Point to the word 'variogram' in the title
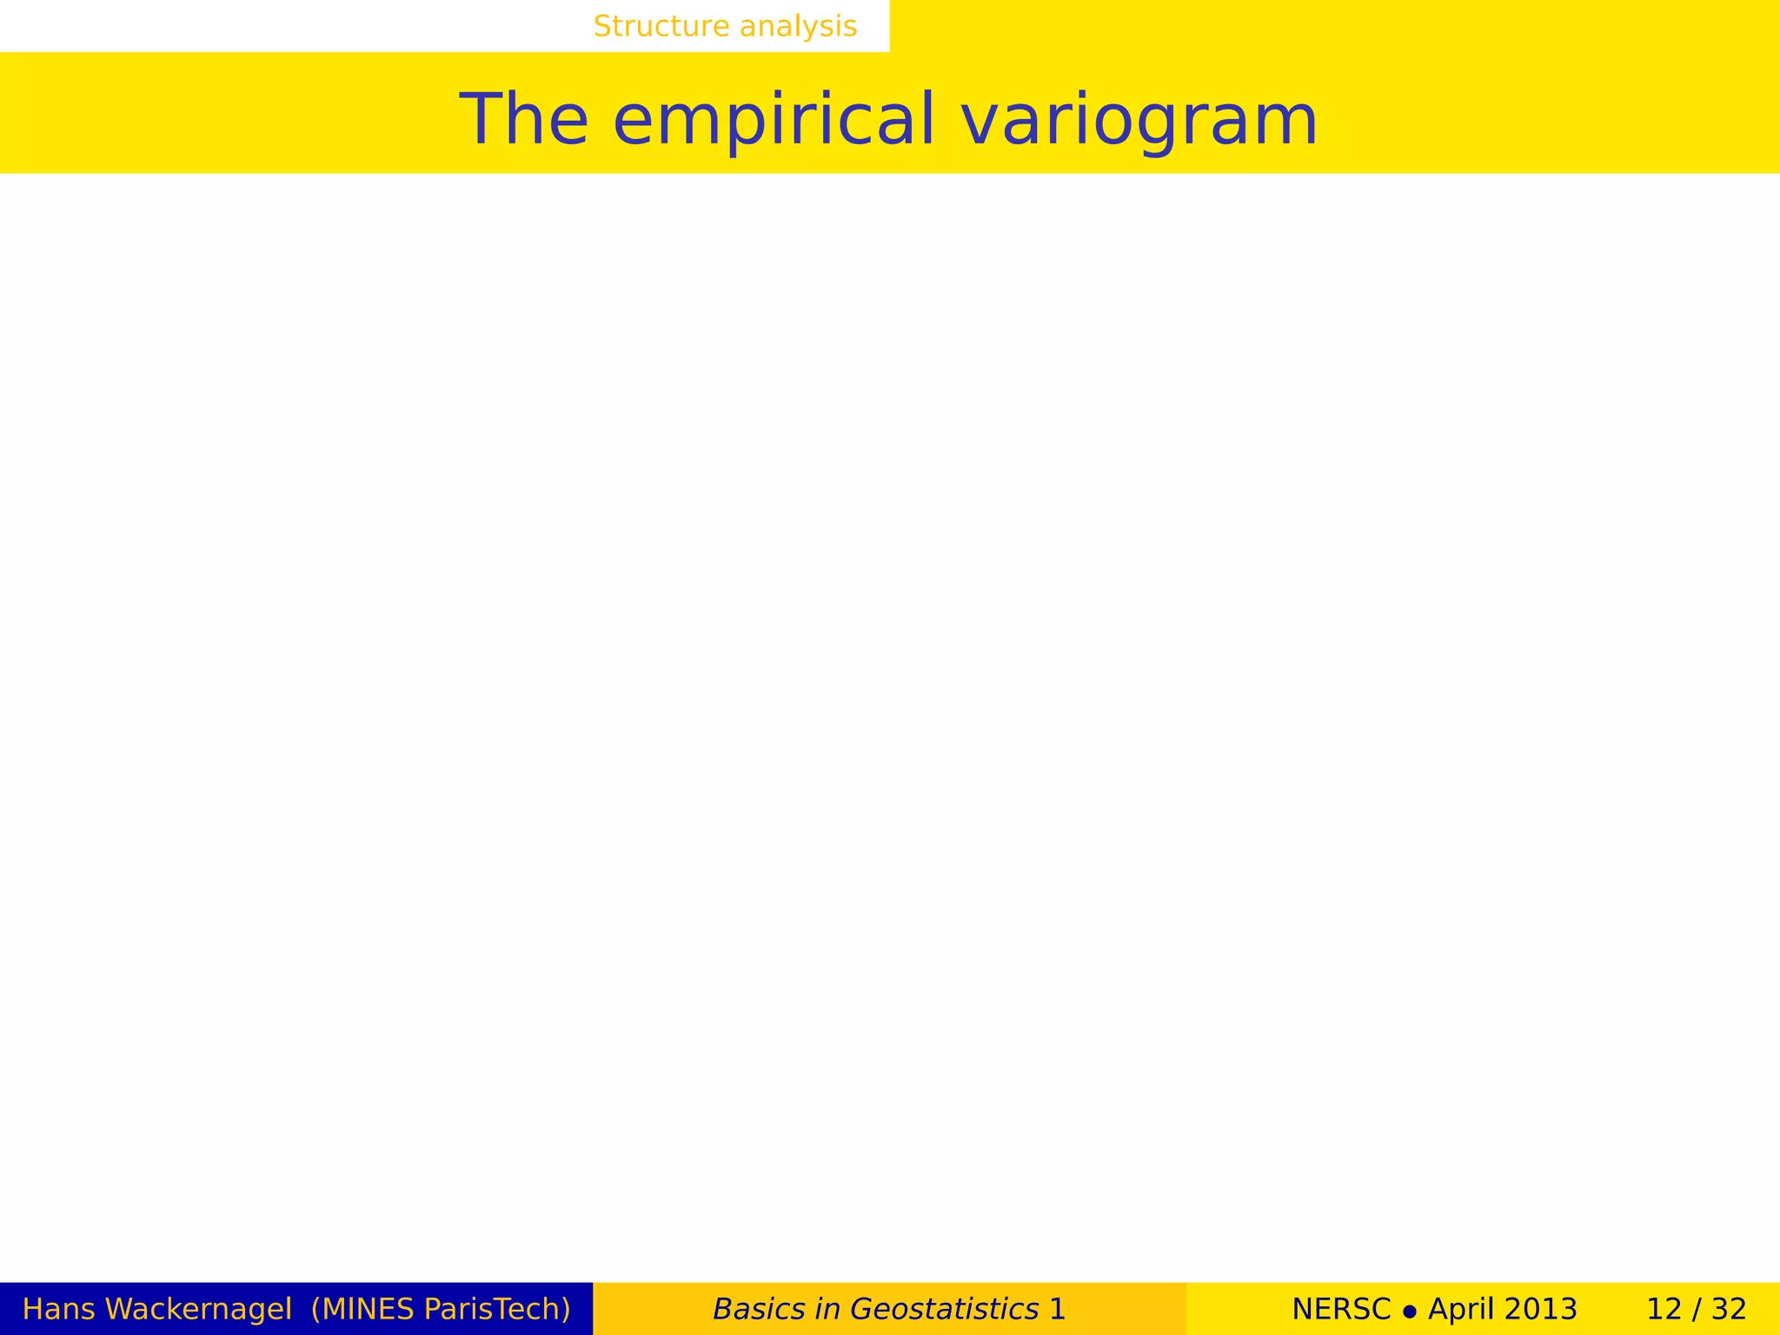[x=1139, y=120]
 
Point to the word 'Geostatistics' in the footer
[x=944, y=1309]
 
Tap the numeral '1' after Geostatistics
[x=1057, y=1309]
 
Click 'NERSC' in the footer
[x=1341, y=1309]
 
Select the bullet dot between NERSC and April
[x=1410, y=1311]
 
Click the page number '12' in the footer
[x=1664, y=1309]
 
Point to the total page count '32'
[x=1729, y=1309]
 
